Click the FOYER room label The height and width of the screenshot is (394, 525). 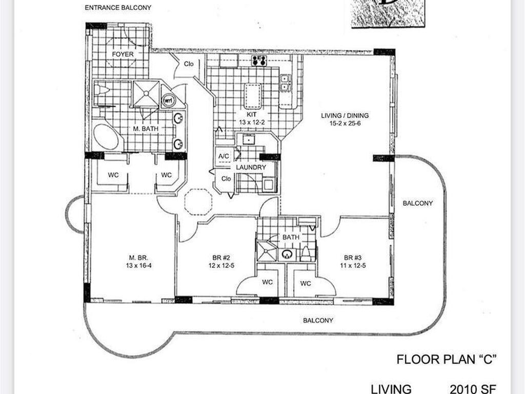pos(123,54)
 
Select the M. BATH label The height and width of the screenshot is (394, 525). pos(146,129)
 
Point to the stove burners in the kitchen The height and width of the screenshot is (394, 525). pos(260,61)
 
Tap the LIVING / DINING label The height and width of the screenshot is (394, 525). pos(345,120)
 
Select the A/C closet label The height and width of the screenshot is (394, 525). pos(223,156)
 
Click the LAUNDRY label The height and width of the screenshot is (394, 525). pos(251,167)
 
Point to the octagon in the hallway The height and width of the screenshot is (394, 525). pos(198,202)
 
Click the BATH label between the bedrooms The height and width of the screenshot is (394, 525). pos(291,238)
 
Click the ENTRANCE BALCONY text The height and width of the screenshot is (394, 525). pos(117,8)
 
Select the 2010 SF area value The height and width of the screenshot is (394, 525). pos(473,388)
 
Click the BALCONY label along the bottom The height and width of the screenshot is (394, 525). pos(318,320)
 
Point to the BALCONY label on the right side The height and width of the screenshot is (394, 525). pos(417,203)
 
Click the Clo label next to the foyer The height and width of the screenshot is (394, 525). pos(189,64)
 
